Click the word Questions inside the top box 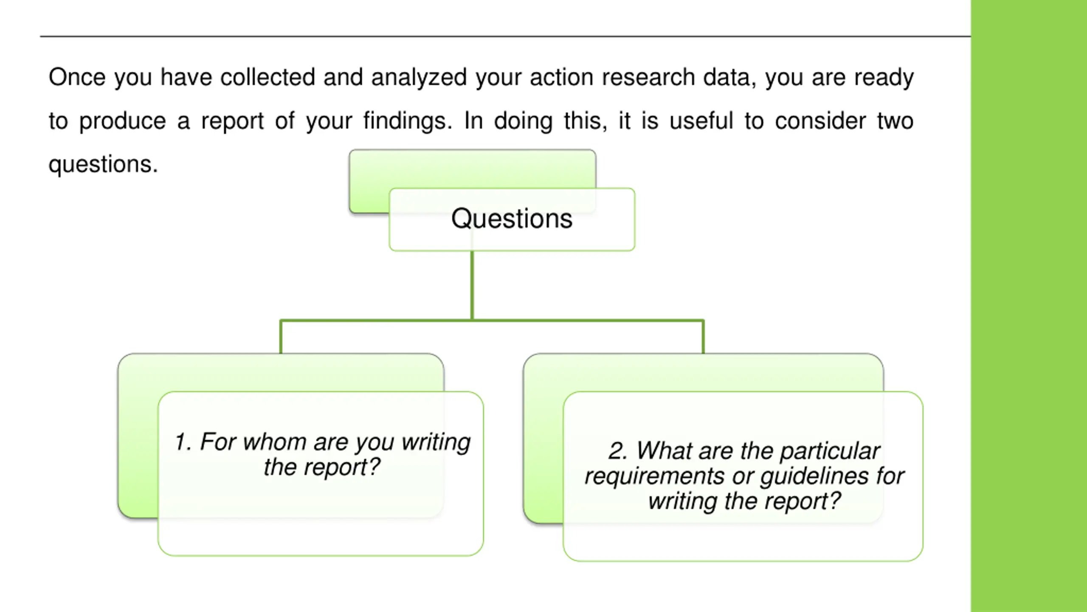(x=512, y=219)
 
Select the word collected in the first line (x=268, y=77)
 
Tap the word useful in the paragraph (x=701, y=121)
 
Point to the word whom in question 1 (x=274, y=442)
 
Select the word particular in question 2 (x=830, y=452)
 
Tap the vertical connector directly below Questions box (x=472, y=285)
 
